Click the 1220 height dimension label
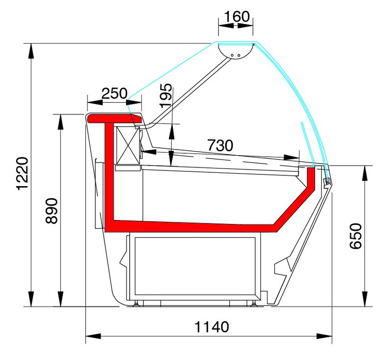coord(23,173)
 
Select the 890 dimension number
coord(52,211)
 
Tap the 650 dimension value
coord(355,236)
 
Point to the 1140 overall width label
coord(212,327)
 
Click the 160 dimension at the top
coord(237,17)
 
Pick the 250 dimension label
coord(114,93)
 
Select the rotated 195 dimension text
coord(165,95)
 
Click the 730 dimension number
coord(220,145)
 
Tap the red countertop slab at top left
coord(114,119)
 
